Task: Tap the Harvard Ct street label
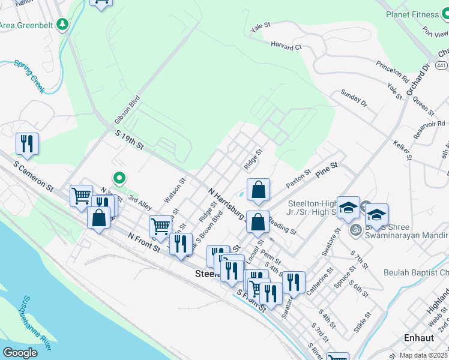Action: (x=286, y=46)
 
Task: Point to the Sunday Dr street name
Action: (x=354, y=98)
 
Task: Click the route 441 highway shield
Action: (x=441, y=64)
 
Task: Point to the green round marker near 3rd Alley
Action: (x=119, y=177)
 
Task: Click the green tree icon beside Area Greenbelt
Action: (x=63, y=25)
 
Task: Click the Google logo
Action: (x=20, y=352)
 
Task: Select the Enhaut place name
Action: (x=418, y=338)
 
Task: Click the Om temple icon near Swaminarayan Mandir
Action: (x=355, y=229)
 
